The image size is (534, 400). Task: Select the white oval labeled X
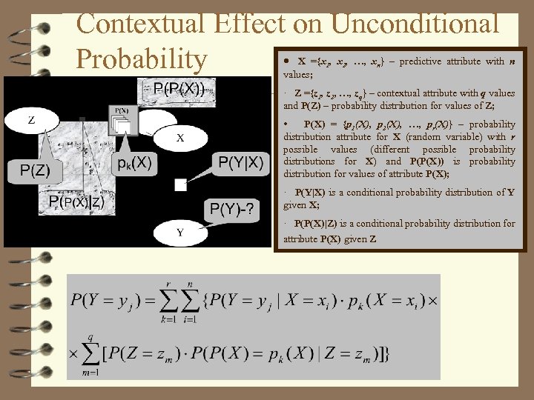[x=180, y=138]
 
